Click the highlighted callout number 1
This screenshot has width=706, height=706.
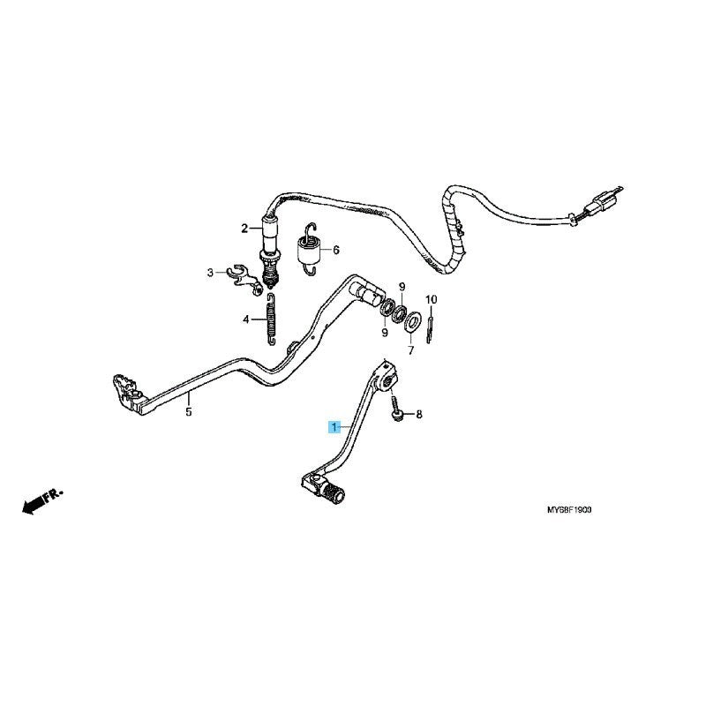pyautogui.click(x=334, y=426)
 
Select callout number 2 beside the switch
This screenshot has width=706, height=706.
pyautogui.click(x=244, y=229)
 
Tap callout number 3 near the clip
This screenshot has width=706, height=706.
pyautogui.click(x=210, y=273)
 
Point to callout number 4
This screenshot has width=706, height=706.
pyautogui.click(x=246, y=319)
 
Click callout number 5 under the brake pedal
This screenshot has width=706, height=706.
pyautogui.click(x=189, y=411)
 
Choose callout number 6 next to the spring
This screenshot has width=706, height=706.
pyautogui.click(x=336, y=250)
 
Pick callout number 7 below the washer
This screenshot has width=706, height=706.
pyautogui.click(x=410, y=350)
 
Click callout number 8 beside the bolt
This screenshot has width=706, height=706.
pyautogui.click(x=419, y=414)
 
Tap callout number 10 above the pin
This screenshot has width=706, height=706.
pyautogui.click(x=431, y=299)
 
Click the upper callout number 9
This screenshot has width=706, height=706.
pyautogui.click(x=402, y=286)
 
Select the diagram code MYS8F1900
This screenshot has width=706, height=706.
pyautogui.click(x=569, y=510)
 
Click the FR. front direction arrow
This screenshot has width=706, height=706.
pyautogui.click(x=42, y=500)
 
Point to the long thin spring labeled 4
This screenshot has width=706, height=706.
pyautogui.click(x=271, y=319)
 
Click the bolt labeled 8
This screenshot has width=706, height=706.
pyautogui.click(x=395, y=409)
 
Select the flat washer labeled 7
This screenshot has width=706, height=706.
pyautogui.click(x=412, y=323)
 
